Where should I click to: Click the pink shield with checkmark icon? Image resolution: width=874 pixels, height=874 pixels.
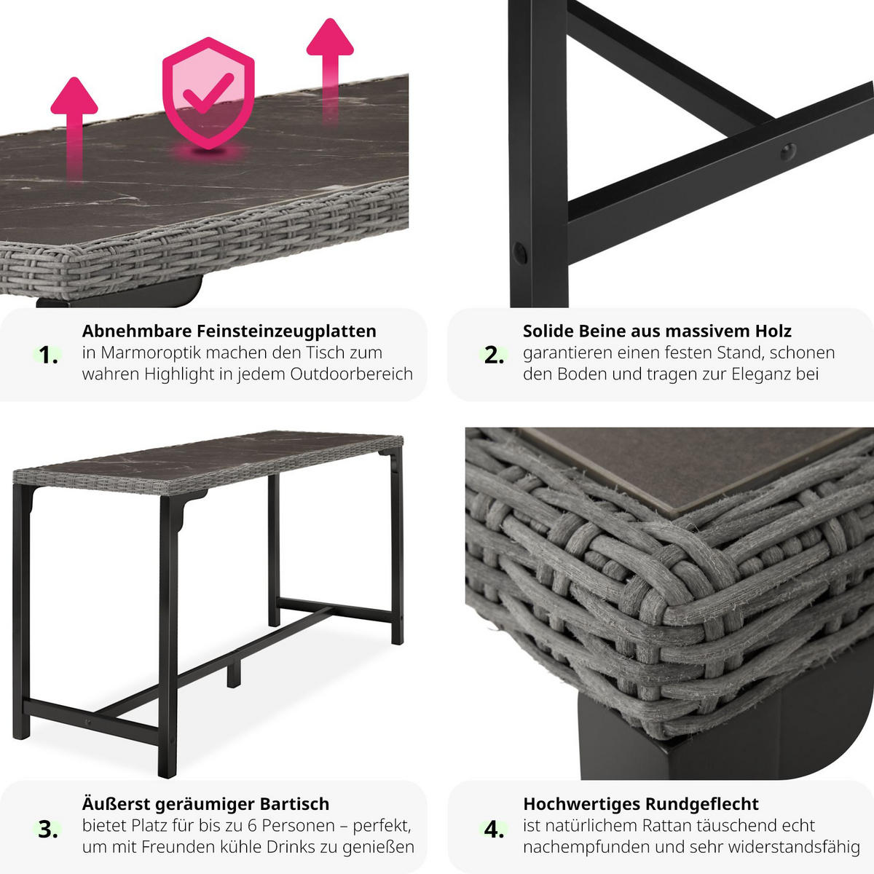point(208,94)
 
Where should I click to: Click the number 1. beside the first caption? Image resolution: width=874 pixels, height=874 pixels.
point(48,355)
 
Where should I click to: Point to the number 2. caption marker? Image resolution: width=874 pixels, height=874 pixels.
point(494,355)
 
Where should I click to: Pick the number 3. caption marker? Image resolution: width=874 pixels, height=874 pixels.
point(48,829)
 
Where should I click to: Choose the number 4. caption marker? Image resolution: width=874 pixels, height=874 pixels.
point(494,829)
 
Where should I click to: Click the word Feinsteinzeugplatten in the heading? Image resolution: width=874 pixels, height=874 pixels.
point(286,331)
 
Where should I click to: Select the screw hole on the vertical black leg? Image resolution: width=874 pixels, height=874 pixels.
point(520,253)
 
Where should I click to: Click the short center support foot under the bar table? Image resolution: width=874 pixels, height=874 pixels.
point(234,673)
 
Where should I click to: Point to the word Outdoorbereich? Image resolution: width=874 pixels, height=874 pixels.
point(352,374)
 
